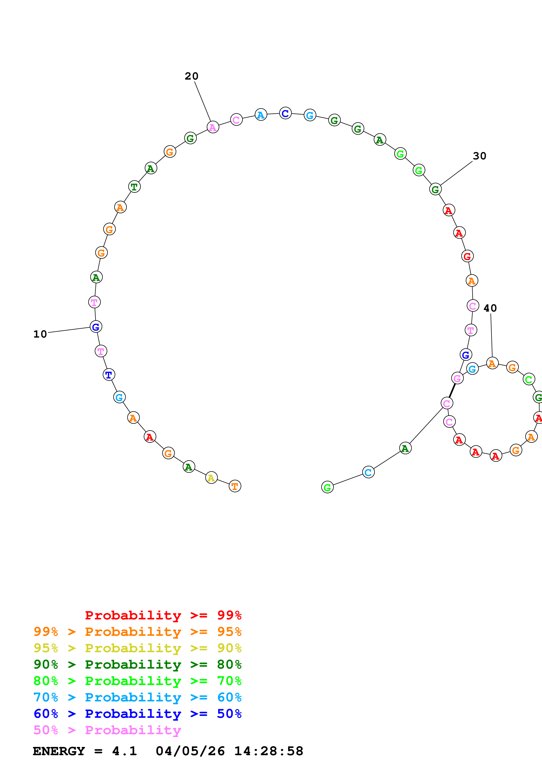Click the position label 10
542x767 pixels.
pos(40,334)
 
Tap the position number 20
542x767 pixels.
pos(191,76)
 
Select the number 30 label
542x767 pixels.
pos(479,156)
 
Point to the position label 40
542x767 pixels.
pos(490,308)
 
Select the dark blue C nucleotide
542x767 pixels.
pos(285,113)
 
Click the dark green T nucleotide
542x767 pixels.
pos(134,187)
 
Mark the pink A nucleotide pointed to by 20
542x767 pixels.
pos(213,127)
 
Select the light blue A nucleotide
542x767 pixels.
pos(261,115)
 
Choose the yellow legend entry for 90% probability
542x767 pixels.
pos(137,648)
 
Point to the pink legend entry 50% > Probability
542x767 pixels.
pos(107,730)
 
